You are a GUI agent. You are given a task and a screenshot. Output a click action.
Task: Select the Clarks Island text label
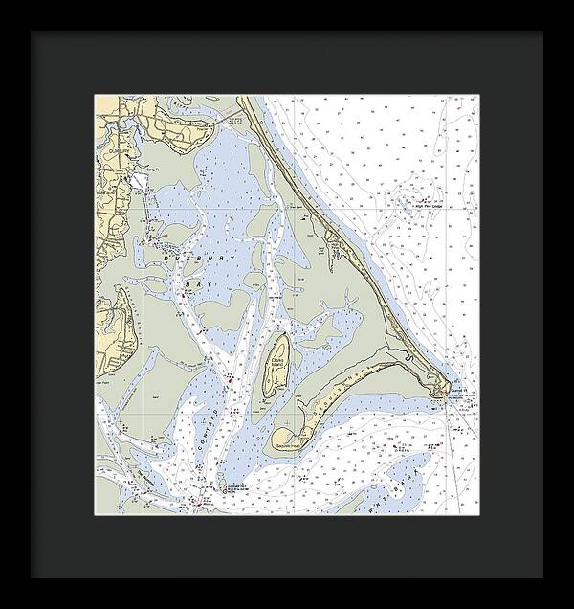tap(277, 361)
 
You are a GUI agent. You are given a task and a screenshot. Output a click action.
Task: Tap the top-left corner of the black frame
tap(33, 33)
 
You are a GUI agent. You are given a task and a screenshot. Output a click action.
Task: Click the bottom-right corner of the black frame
tap(541, 576)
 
